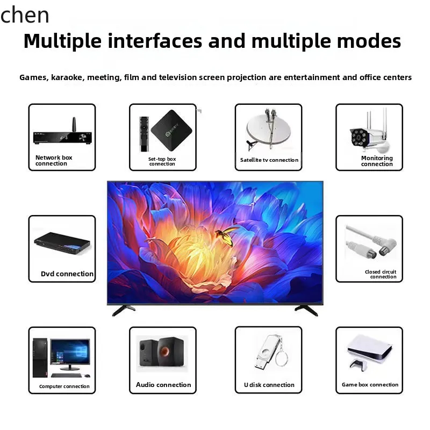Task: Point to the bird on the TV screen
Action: tap(226, 233)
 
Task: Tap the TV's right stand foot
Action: tap(306, 310)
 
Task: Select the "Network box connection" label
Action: tap(53, 161)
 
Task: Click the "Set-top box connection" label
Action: tap(162, 161)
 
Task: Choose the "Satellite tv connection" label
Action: tap(269, 160)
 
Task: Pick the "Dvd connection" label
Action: tap(67, 274)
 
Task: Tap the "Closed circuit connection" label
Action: tap(381, 274)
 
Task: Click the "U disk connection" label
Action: tap(269, 385)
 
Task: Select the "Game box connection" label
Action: tap(370, 385)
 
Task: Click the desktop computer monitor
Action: tap(70, 352)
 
